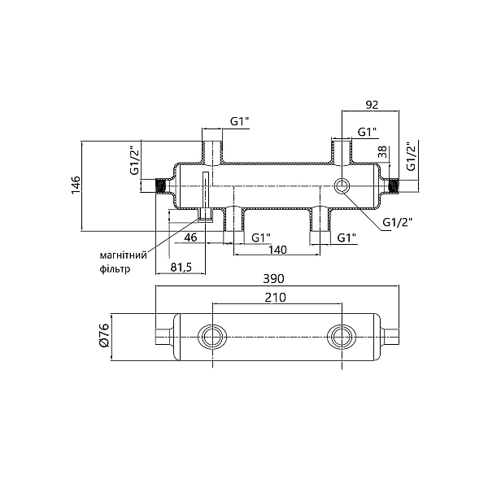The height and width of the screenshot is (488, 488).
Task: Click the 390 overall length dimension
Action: (x=273, y=279)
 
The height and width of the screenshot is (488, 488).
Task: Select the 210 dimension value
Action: (x=276, y=298)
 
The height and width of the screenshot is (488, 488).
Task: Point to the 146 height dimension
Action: (x=76, y=185)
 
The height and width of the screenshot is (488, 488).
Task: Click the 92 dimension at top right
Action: (x=372, y=105)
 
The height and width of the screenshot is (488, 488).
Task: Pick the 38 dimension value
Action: (x=383, y=152)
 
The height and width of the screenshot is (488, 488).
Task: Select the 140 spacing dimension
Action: (x=277, y=250)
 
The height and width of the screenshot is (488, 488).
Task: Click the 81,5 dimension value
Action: (x=181, y=267)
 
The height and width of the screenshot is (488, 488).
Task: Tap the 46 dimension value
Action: (x=191, y=237)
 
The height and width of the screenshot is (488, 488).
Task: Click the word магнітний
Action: (x=124, y=255)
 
